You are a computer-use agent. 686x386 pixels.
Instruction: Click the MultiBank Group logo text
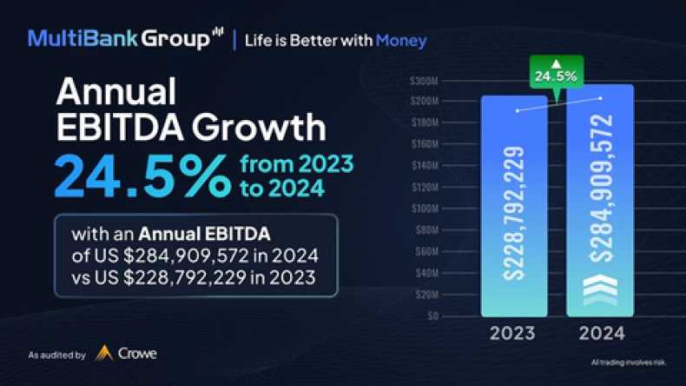click(119, 39)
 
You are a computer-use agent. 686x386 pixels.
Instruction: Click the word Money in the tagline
click(401, 40)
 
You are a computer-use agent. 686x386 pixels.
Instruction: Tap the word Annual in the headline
click(115, 92)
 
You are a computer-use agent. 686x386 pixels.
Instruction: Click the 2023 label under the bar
click(513, 334)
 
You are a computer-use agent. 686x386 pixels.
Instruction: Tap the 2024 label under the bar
click(601, 334)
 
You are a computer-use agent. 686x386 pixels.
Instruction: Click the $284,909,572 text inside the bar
click(601, 188)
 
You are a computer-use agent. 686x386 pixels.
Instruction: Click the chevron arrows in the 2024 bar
click(601, 289)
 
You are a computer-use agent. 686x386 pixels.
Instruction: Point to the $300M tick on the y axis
click(426, 80)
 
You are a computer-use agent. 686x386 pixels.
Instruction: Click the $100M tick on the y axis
click(426, 209)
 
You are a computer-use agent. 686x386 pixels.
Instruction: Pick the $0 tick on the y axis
click(432, 316)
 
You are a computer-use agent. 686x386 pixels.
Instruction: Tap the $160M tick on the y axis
click(426, 144)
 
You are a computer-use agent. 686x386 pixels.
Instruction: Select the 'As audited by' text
click(56, 355)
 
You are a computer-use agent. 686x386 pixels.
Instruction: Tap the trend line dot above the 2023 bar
click(518, 110)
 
